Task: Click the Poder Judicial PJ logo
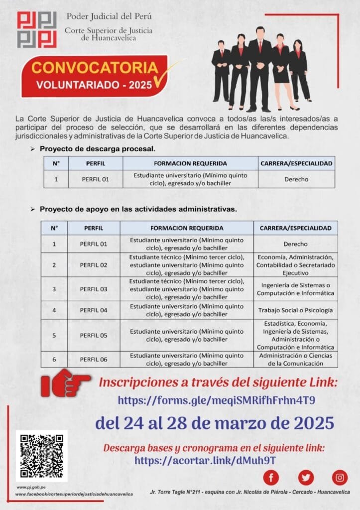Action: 37,29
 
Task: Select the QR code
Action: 41,456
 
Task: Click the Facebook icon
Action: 271,478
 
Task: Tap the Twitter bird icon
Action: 306,478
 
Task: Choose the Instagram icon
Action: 340,478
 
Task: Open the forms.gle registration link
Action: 217,400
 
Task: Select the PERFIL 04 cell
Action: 94,310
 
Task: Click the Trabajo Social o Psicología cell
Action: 295,310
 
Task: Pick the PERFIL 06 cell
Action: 94,359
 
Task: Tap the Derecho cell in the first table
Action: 296,179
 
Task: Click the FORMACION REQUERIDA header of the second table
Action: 187,228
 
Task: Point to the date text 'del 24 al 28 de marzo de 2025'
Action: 214,423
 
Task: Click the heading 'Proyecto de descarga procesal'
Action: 98,148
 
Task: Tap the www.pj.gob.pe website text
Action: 28,487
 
